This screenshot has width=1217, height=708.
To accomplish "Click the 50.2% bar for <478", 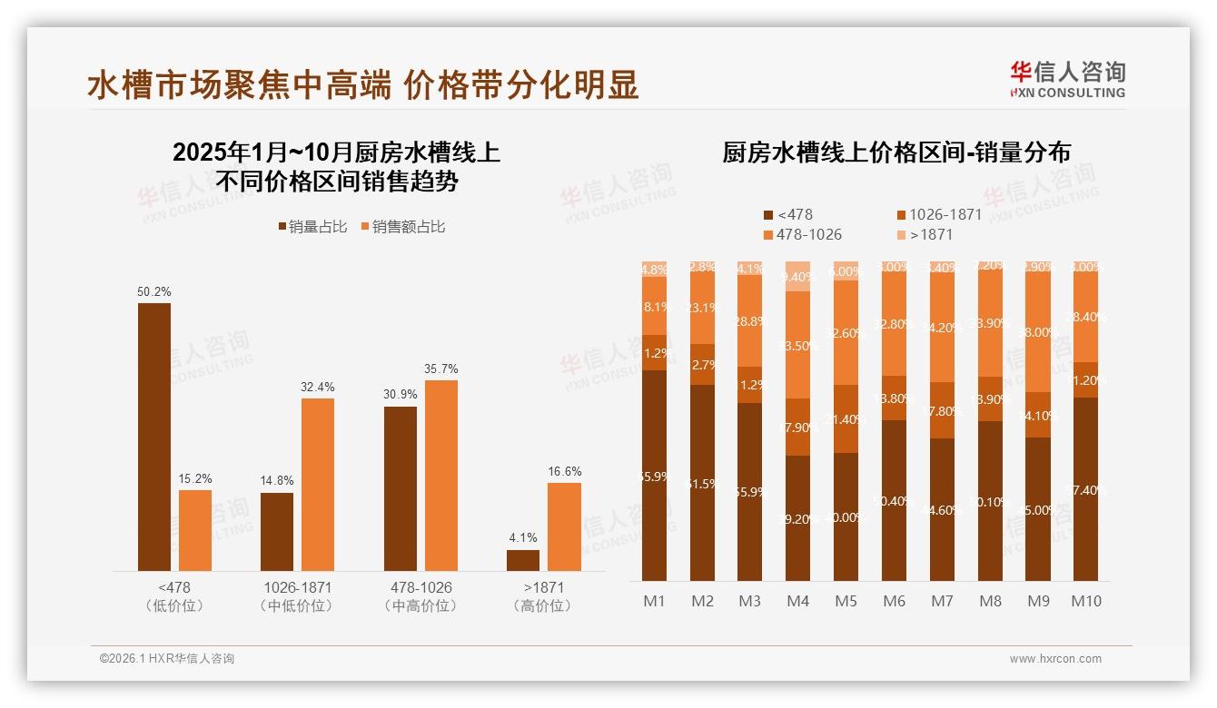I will (x=154, y=437).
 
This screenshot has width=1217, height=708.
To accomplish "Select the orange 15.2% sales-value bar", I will (x=195, y=530).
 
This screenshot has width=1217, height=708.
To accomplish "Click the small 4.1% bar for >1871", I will (x=523, y=560).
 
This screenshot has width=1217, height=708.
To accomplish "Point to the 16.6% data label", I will (x=564, y=472).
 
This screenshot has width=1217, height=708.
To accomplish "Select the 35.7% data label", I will (x=441, y=369).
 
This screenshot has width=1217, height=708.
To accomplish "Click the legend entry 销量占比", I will (x=312, y=227).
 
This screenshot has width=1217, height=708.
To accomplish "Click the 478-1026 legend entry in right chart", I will (x=803, y=235).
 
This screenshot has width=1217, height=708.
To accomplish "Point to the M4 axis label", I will (x=797, y=601).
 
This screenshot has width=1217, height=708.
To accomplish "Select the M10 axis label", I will (x=1085, y=601).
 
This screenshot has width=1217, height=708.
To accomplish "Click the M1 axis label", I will (x=654, y=601).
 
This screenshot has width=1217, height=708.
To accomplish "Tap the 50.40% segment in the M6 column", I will (x=894, y=500).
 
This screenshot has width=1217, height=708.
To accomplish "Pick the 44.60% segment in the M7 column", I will (x=942, y=509).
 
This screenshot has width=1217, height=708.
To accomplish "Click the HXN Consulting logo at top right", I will (x=1068, y=79).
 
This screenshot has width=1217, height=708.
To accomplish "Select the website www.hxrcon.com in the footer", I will (x=1055, y=659).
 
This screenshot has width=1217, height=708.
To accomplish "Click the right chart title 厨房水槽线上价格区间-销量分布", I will (x=895, y=152).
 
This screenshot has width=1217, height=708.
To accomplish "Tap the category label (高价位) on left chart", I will (x=542, y=605).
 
